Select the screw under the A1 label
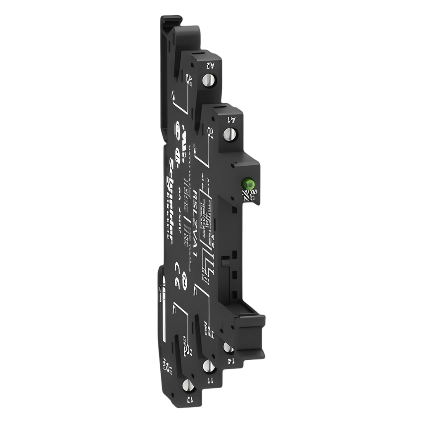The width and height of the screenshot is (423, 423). pyautogui.click(x=229, y=133)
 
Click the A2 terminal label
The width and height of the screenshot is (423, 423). pyautogui.click(x=210, y=65)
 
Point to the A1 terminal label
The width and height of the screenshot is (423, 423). pyautogui.click(x=232, y=120)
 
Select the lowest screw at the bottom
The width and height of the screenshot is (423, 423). pyautogui.click(x=188, y=385)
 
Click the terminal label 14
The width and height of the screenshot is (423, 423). pyautogui.click(x=230, y=360)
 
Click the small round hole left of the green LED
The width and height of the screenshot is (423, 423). pyautogui.click(x=234, y=165)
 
